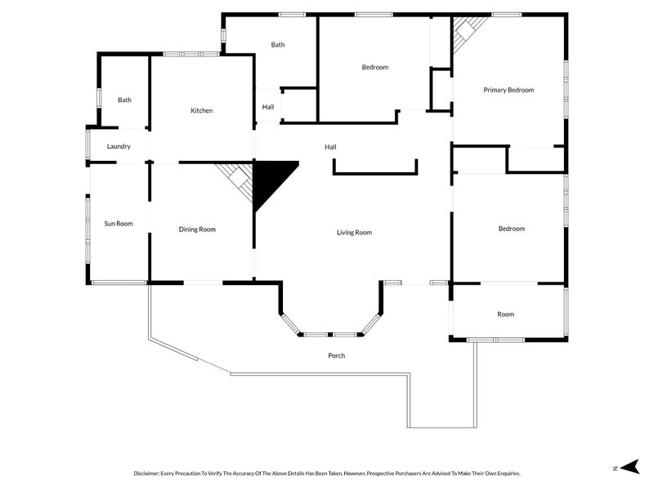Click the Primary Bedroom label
click(x=508, y=90)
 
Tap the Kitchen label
click(x=202, y=110)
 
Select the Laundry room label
click(x=119, y=146)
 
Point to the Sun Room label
click(x=119, y=223)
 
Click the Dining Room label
click(x=197, y=229)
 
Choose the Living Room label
click(x=354, y=233)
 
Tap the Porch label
click(x=336, y=355)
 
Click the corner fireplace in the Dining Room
click(x=238, y=177)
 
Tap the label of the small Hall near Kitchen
click(x=268, y=107)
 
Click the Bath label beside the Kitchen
click(x=124, y=100)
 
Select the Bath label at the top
click(x=278, y=45)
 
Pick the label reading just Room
click(x=505, y=314)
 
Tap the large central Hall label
click(x=330, y=147)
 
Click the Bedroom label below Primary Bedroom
click(x=512, y=229)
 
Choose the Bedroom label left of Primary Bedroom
click(x=374, y=67)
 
